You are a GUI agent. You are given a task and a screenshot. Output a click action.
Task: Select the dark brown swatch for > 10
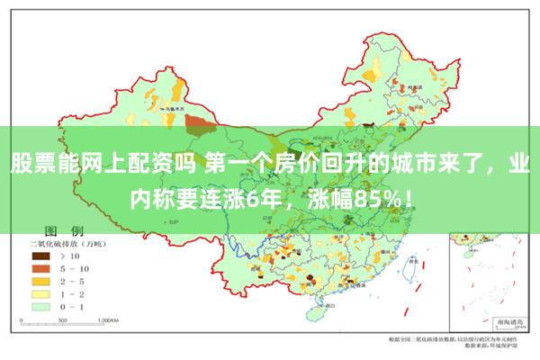coord(39,257)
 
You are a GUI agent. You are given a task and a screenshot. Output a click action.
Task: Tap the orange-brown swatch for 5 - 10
coord(39,269)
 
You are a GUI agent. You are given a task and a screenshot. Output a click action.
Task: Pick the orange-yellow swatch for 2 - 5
coord(39,282)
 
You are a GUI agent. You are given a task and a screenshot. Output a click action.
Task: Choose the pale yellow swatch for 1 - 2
coord(39,293)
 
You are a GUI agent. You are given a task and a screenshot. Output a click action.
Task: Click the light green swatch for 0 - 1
coord(39,306)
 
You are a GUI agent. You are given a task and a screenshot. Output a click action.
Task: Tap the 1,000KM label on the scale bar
coord(109,319)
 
